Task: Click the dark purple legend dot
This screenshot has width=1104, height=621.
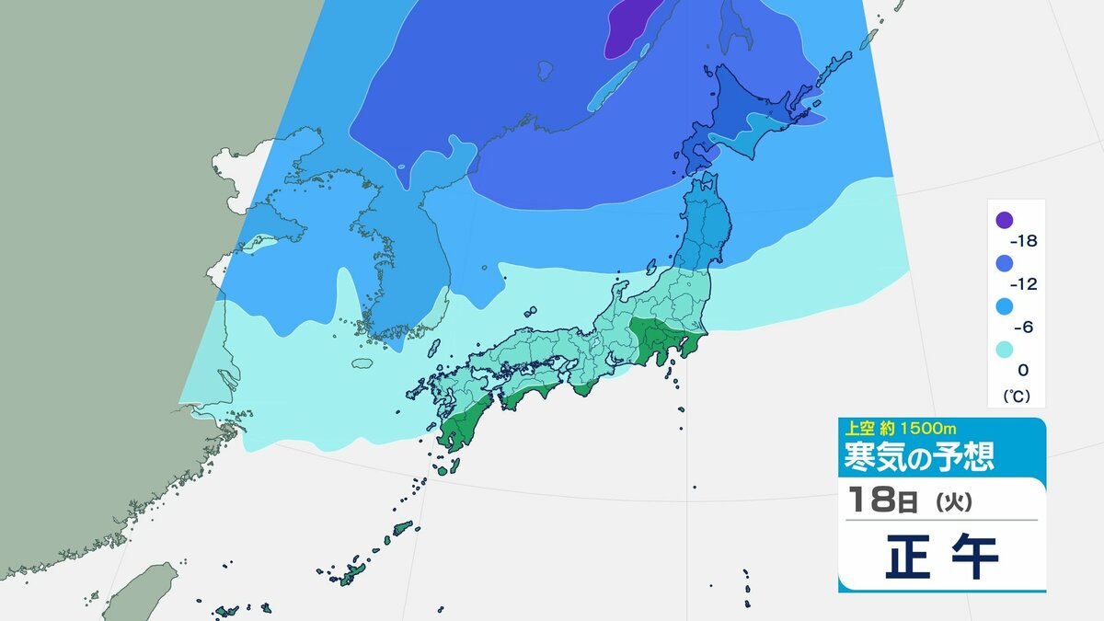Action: [1004, 220]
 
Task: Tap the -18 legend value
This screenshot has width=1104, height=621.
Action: [1024, 241]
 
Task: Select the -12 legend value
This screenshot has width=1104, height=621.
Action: [1024, 284]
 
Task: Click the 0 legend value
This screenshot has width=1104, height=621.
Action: [1023, 370]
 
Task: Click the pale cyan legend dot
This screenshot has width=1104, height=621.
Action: [1004, 350]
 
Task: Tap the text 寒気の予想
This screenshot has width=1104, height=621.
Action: [919, 454]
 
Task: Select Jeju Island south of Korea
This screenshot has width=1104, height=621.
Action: [364, 362]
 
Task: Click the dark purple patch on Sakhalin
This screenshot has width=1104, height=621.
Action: [635, 26]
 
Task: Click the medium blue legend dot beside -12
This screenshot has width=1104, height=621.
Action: [1004, 263]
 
